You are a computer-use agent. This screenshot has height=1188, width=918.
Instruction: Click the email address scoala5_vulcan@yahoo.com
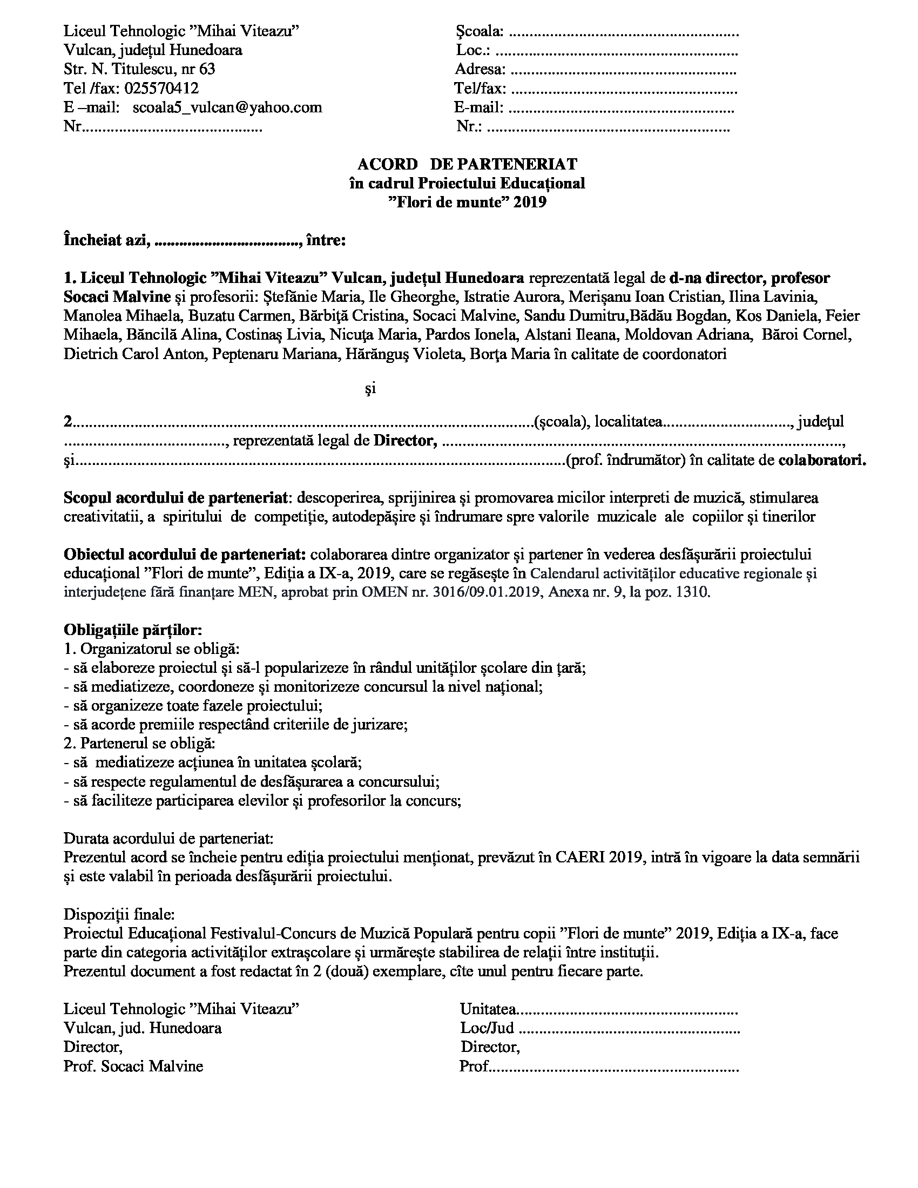pyautogui.click(x=227, y=107)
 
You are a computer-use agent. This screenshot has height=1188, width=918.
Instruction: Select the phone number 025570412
pyautogui.click(x=161, y=88)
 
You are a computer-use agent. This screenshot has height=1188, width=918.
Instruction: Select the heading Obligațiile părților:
pyautogui.click(x=133, y=630)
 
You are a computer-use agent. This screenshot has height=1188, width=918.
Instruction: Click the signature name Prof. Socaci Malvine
pyautogui.click(x=133, y=1065)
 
